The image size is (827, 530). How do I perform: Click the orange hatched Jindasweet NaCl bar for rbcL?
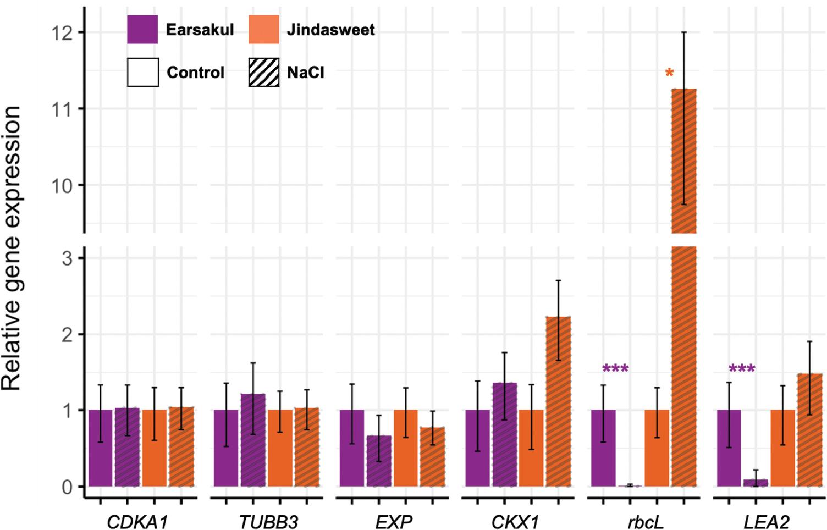[684, 363]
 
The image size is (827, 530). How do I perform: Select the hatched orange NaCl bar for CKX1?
[558, 401]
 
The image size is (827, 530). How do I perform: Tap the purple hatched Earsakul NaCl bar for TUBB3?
[253, 440]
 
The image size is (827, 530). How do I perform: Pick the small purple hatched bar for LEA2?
[756, 483]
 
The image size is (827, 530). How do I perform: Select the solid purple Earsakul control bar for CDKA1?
[100, 448]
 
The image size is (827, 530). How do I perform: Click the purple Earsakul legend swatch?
[142, 30]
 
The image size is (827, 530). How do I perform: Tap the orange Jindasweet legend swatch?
[264, 30]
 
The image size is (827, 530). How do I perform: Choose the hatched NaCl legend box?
[264, 73]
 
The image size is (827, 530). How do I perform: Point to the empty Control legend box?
[143, 73]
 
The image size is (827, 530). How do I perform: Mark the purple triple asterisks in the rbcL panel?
[615, 369]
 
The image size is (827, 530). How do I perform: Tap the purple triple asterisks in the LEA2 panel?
[742, 369]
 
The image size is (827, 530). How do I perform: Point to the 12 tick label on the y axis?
[62, 33]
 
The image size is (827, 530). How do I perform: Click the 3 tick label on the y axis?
[67, 258]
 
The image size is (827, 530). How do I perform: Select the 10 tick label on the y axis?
[62, 186]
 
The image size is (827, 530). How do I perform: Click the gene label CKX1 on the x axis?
[515, 521]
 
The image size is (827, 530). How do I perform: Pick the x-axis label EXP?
[394, 521]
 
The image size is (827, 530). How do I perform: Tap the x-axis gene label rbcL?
[645, 521]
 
